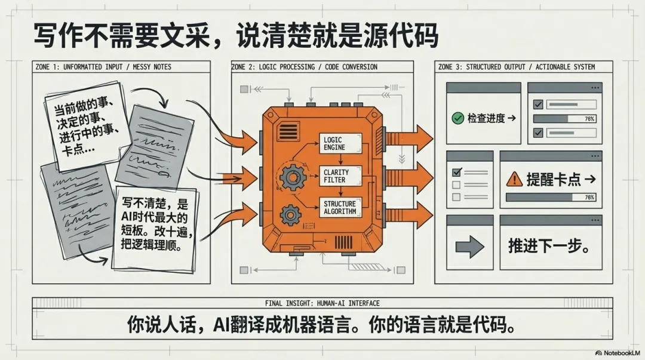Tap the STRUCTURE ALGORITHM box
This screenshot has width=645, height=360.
[x=340, y=207]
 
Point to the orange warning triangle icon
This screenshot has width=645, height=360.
[x=514, y=179]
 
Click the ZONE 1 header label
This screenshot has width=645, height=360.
[x=103, y=67]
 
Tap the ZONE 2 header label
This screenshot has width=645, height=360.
[x=305, y=67]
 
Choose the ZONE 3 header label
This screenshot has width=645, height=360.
[x=517, y=67]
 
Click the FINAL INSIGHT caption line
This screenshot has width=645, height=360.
[x=322, y=303]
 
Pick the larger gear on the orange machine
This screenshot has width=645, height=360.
[x=292, y=177]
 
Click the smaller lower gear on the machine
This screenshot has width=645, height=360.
[x=290, y=213]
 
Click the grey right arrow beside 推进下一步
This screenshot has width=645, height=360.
[x=469, y=247]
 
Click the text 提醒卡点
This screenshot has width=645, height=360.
[x=553, y=179]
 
